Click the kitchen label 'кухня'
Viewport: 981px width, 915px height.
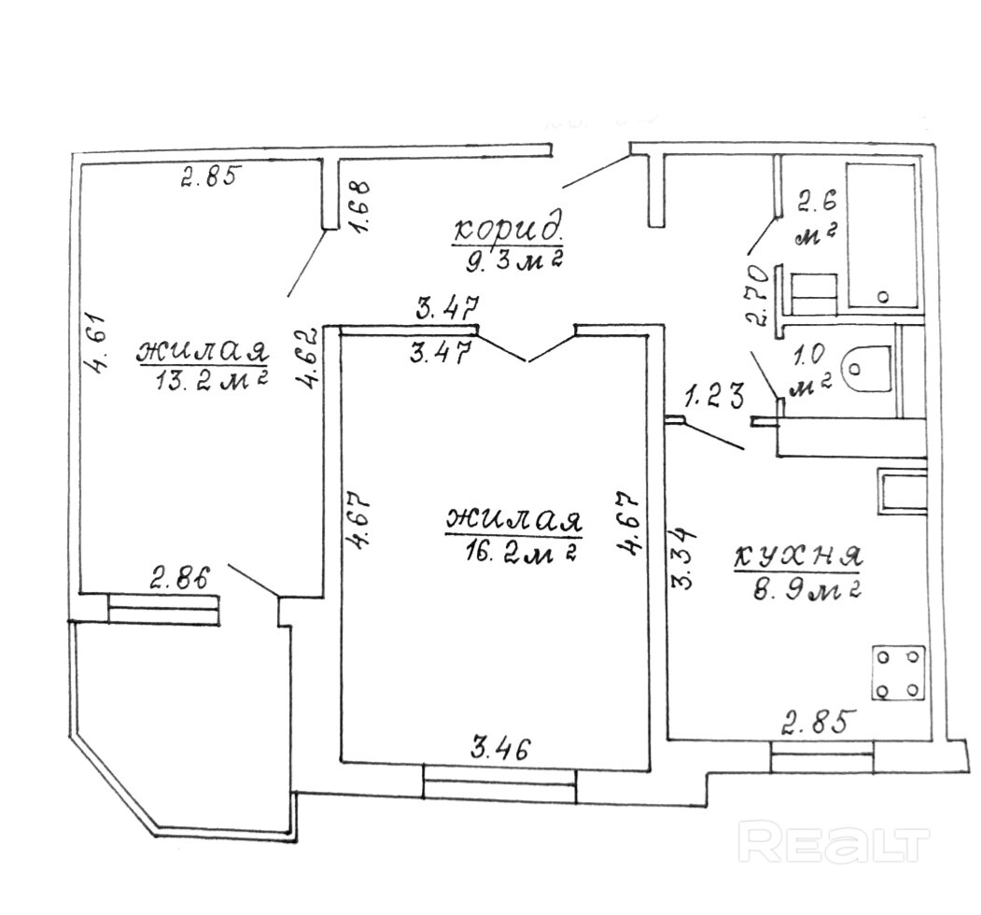(x=796, y=557)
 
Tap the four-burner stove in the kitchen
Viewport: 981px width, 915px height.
(x=898, y=672)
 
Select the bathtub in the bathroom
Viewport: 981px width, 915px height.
(x=881, y=235)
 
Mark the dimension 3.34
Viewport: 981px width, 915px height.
(x=684, y=559)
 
